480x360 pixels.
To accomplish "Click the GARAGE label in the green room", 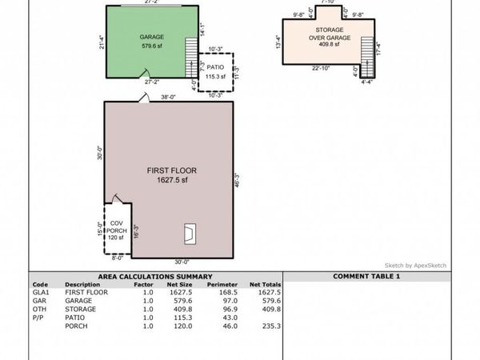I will click(x=152, y=38).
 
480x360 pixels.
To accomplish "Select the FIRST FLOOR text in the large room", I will click(x=171, y=170).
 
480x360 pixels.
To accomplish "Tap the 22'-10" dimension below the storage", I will click(x=320, y=67).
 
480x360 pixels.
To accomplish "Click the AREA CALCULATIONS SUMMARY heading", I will click(x=156, y=276).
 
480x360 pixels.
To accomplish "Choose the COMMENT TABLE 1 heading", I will click(x=366, y=276).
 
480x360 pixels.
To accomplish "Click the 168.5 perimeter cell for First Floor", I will click(x=218, y=293).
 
